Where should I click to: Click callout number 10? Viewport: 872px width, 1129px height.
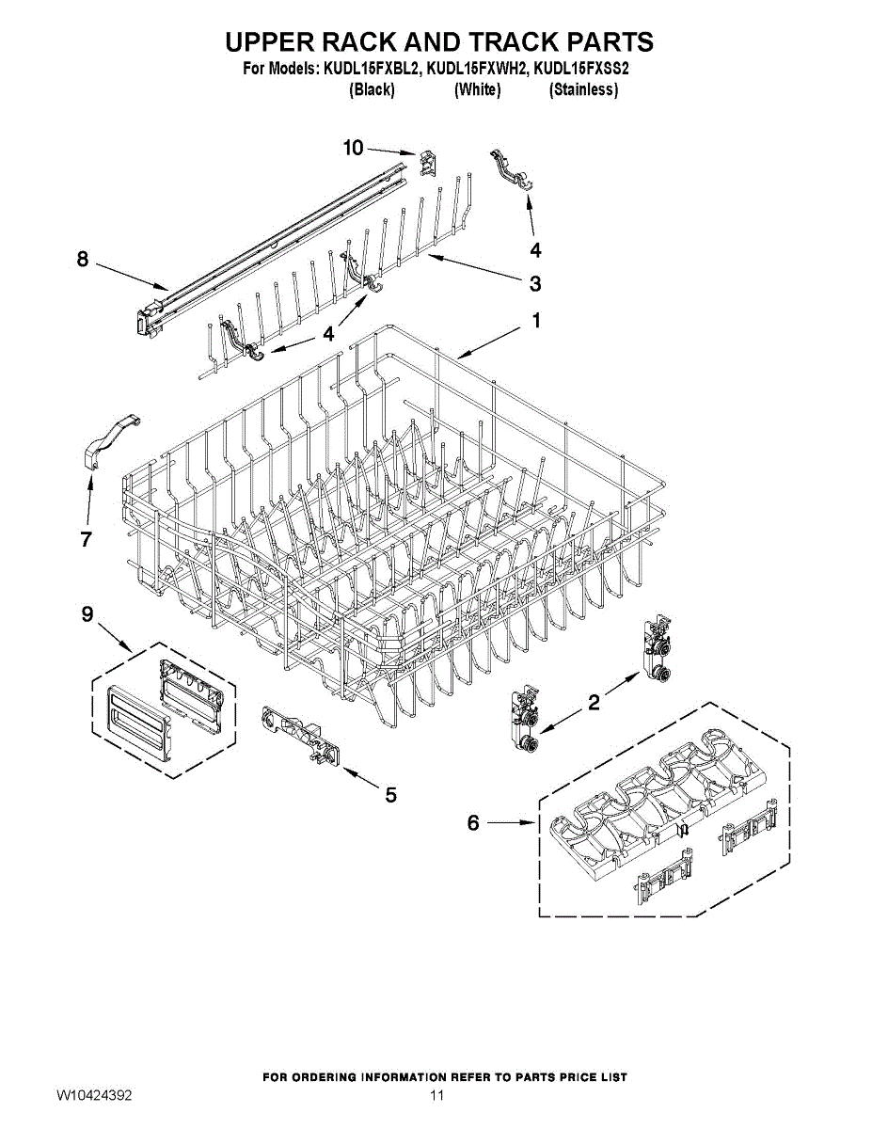tap(353, 148)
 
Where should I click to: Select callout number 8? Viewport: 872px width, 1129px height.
tap(83, 260)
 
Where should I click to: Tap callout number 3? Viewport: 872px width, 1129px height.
tap(534, 282)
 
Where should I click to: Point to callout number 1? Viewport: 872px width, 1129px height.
tap(536, 321)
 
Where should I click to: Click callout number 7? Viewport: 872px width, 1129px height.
tap(86, 539)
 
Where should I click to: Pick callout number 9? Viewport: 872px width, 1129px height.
tap(87, 614)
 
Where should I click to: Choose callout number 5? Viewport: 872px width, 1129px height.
tap(390, 795)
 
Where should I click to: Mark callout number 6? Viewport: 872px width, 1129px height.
tap(474, 823)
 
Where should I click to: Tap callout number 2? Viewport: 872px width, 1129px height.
tap(594, 702)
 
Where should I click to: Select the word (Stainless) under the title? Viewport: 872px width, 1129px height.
tap(583, 90)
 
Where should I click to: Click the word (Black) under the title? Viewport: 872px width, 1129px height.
tap(371, 90)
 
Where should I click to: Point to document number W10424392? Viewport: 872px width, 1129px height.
tap(94, 1096)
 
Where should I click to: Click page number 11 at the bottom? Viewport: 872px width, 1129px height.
tap(436, 1096)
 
